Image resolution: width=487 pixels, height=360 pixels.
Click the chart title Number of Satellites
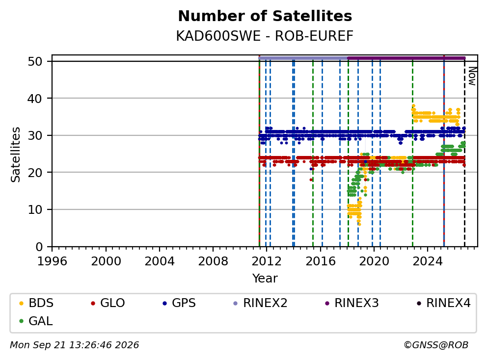pyautogui.click(x=265, y=16)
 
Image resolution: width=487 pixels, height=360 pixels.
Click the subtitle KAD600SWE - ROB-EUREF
pyautogui.click(x=265, y=36)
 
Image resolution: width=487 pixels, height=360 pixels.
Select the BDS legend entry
pyautogui.click(x=36, y=303)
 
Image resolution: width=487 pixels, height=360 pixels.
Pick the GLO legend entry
pyautogui.click(x=108, y=303)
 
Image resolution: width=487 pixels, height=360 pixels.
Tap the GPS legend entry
pyautogui.click(x=179, y=303)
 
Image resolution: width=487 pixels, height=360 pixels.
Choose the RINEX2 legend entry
pyautogui.click(x=260, y=303)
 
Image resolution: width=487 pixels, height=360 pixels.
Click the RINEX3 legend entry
pyautogui.click(x=352, y=303)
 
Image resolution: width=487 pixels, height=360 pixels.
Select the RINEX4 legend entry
pyautogui.click(x=443, y=303)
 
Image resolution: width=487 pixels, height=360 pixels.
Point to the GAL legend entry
pyautogui.click(x=36, y=321)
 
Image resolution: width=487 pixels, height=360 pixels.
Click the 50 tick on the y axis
pyautogui.click(x=35, y=61)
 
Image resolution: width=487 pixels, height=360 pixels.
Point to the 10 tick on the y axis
pyautogui.click(x=35, y=210)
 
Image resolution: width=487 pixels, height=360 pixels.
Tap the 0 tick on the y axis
pyautogui.click(x=39, y=247)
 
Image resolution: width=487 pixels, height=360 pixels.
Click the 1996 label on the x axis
pyautogui.click(x=52, y=261)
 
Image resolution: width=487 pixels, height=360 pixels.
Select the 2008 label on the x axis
pyautogui.click(x=213, y=261)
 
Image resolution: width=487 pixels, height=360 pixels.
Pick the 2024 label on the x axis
pyautogui.click(x=427, y=261)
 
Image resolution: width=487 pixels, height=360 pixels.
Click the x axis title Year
pyautogui.click(x=265, y=278)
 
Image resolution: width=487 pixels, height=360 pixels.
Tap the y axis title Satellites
pyautogui.click(x=15, y=154)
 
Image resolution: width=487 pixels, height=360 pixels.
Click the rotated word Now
pyautogui.click(x=472, y=76)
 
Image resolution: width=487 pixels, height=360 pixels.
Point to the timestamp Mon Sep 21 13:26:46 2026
pyautogui.click(x=75, y=345)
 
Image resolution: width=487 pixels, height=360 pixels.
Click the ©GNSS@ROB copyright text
pyautogui.click(x=436, y=345)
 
